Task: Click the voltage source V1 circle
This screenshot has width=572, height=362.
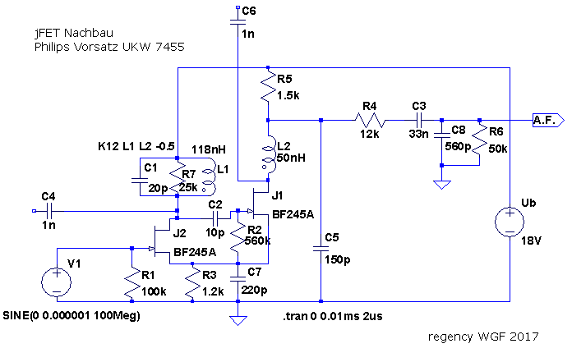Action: tap(56, 282)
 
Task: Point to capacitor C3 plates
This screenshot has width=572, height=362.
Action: tap(418, 121)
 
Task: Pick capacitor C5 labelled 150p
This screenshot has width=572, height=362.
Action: tap(321, 251)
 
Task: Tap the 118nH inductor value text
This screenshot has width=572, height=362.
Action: tap(209, 149)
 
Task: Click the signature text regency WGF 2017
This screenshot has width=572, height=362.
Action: tap(482, 337)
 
